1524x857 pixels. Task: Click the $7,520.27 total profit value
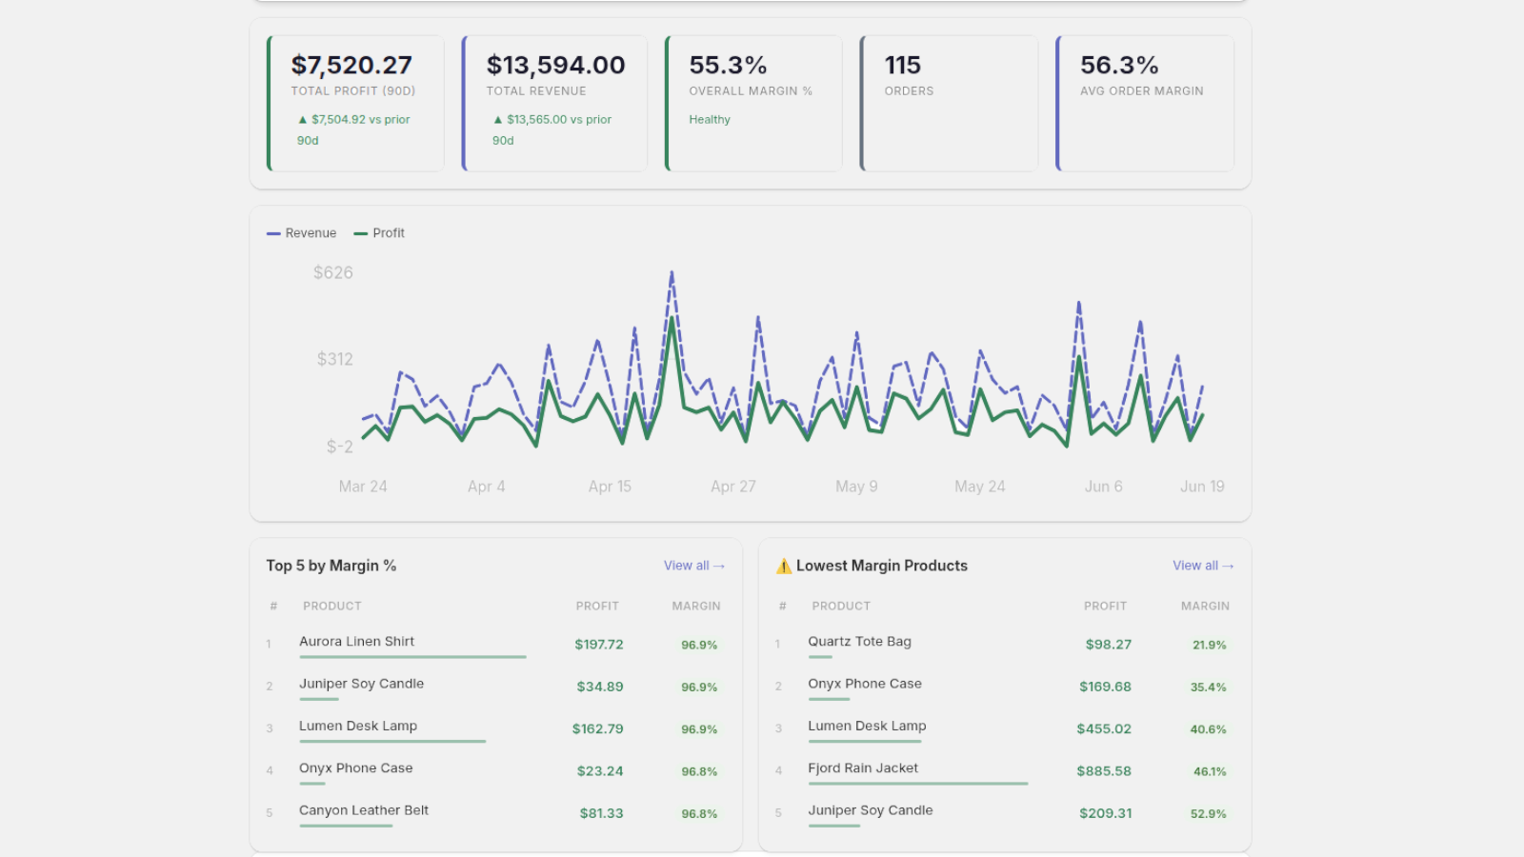click(351, 66)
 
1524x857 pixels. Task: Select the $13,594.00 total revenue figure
click(555, 66)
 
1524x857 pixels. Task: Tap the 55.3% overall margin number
click(728, 66)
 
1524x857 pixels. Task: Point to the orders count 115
click(902, 66)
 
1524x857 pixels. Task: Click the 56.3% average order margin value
click(1119, 66)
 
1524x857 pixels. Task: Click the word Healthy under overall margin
click(710, 120)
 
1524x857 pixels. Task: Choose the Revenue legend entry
click(301, 233)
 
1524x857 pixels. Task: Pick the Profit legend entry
click(379, 233)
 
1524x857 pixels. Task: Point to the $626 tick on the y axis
click(332, 272)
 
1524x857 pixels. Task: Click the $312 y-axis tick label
click(334, 359)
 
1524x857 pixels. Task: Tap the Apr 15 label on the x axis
click(610, 487)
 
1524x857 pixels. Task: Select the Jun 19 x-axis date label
click(1202, 487)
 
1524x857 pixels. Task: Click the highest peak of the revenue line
click(672, 272)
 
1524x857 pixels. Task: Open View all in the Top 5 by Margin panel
click(694, 566)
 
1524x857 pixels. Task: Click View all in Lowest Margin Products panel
click(1203, 566)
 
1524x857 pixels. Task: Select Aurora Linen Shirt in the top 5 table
click(356, 642)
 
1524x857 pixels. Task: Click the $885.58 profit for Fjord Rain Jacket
click(1104, 771)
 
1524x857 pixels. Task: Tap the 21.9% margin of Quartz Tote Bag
click(1209, 645)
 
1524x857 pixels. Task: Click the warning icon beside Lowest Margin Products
click(784, 566)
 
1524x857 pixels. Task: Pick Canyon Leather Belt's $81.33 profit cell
click(601, 813)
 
